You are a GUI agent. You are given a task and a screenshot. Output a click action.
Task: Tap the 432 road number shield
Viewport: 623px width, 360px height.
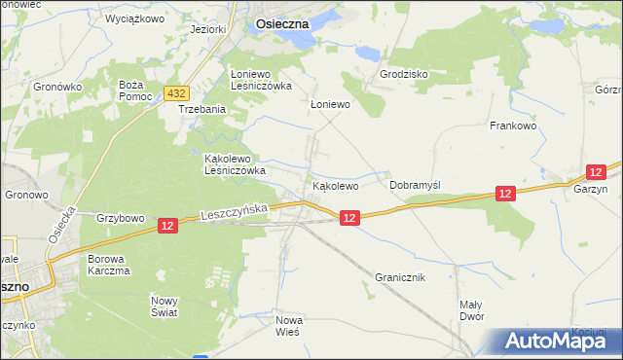coord(176,93)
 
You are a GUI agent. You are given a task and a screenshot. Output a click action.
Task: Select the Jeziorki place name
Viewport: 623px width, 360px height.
coord(208,29)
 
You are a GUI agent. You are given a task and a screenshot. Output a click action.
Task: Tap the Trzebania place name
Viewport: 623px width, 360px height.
coord(202,110)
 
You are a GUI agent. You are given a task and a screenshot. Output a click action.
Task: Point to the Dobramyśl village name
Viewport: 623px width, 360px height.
coord(416,184)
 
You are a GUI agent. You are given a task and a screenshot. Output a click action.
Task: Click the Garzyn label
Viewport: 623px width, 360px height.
coord(590,190)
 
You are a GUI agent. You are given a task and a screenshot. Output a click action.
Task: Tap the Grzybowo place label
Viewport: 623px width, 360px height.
coord(121,218)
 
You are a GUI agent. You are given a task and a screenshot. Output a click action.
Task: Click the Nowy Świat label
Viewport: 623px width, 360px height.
coord(164,307)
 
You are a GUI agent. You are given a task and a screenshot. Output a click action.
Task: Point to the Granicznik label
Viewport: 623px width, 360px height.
coord(400,277)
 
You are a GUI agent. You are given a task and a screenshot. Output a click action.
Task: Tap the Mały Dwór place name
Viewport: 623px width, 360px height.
coord(471,310)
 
